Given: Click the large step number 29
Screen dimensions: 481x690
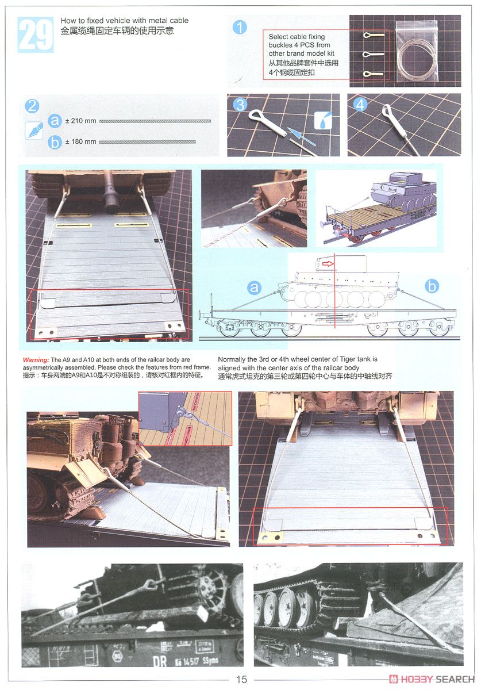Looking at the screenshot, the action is pos(36,35).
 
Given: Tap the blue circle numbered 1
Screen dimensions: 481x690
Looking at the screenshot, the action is pos(240,27).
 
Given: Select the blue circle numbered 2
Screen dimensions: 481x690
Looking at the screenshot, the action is pos(32,106).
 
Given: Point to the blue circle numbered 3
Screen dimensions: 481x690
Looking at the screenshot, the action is pos(240,105).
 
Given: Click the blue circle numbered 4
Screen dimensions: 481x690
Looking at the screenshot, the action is pos(360,105).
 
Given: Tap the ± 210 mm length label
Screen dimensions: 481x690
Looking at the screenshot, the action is pos(80,121).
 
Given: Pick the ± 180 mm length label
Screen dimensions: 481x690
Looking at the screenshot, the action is pos(80,141).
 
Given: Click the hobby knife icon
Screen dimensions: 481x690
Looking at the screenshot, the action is pos(34,131).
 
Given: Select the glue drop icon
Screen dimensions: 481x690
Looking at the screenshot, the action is pos(323,120).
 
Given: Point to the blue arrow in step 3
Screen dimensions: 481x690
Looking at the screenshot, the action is pos(302,136).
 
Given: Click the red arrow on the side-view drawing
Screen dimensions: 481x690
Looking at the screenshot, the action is pos(328,264).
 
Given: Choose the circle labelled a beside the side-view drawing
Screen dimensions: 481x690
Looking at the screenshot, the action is pos(254,287).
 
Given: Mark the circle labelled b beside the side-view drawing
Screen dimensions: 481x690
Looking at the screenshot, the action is pos(432,286).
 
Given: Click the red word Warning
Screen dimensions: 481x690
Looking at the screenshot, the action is pos(36,360).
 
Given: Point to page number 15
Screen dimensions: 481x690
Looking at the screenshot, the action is pos(241,679).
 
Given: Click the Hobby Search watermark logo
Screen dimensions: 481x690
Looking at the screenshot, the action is pos(432,679).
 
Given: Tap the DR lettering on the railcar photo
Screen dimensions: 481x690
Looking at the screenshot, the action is pos(160,661).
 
